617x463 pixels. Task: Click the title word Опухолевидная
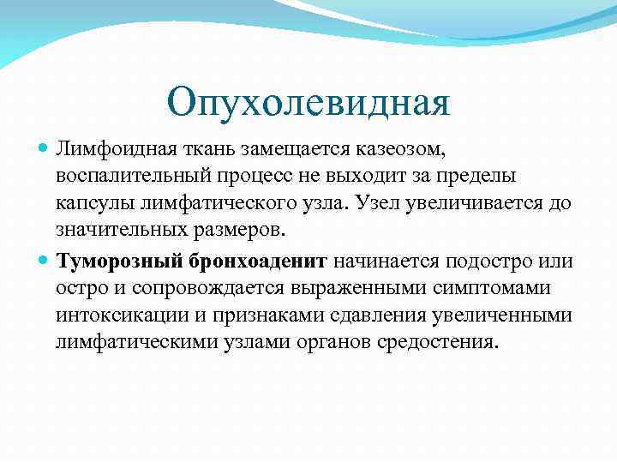click(x=308, y=102)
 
